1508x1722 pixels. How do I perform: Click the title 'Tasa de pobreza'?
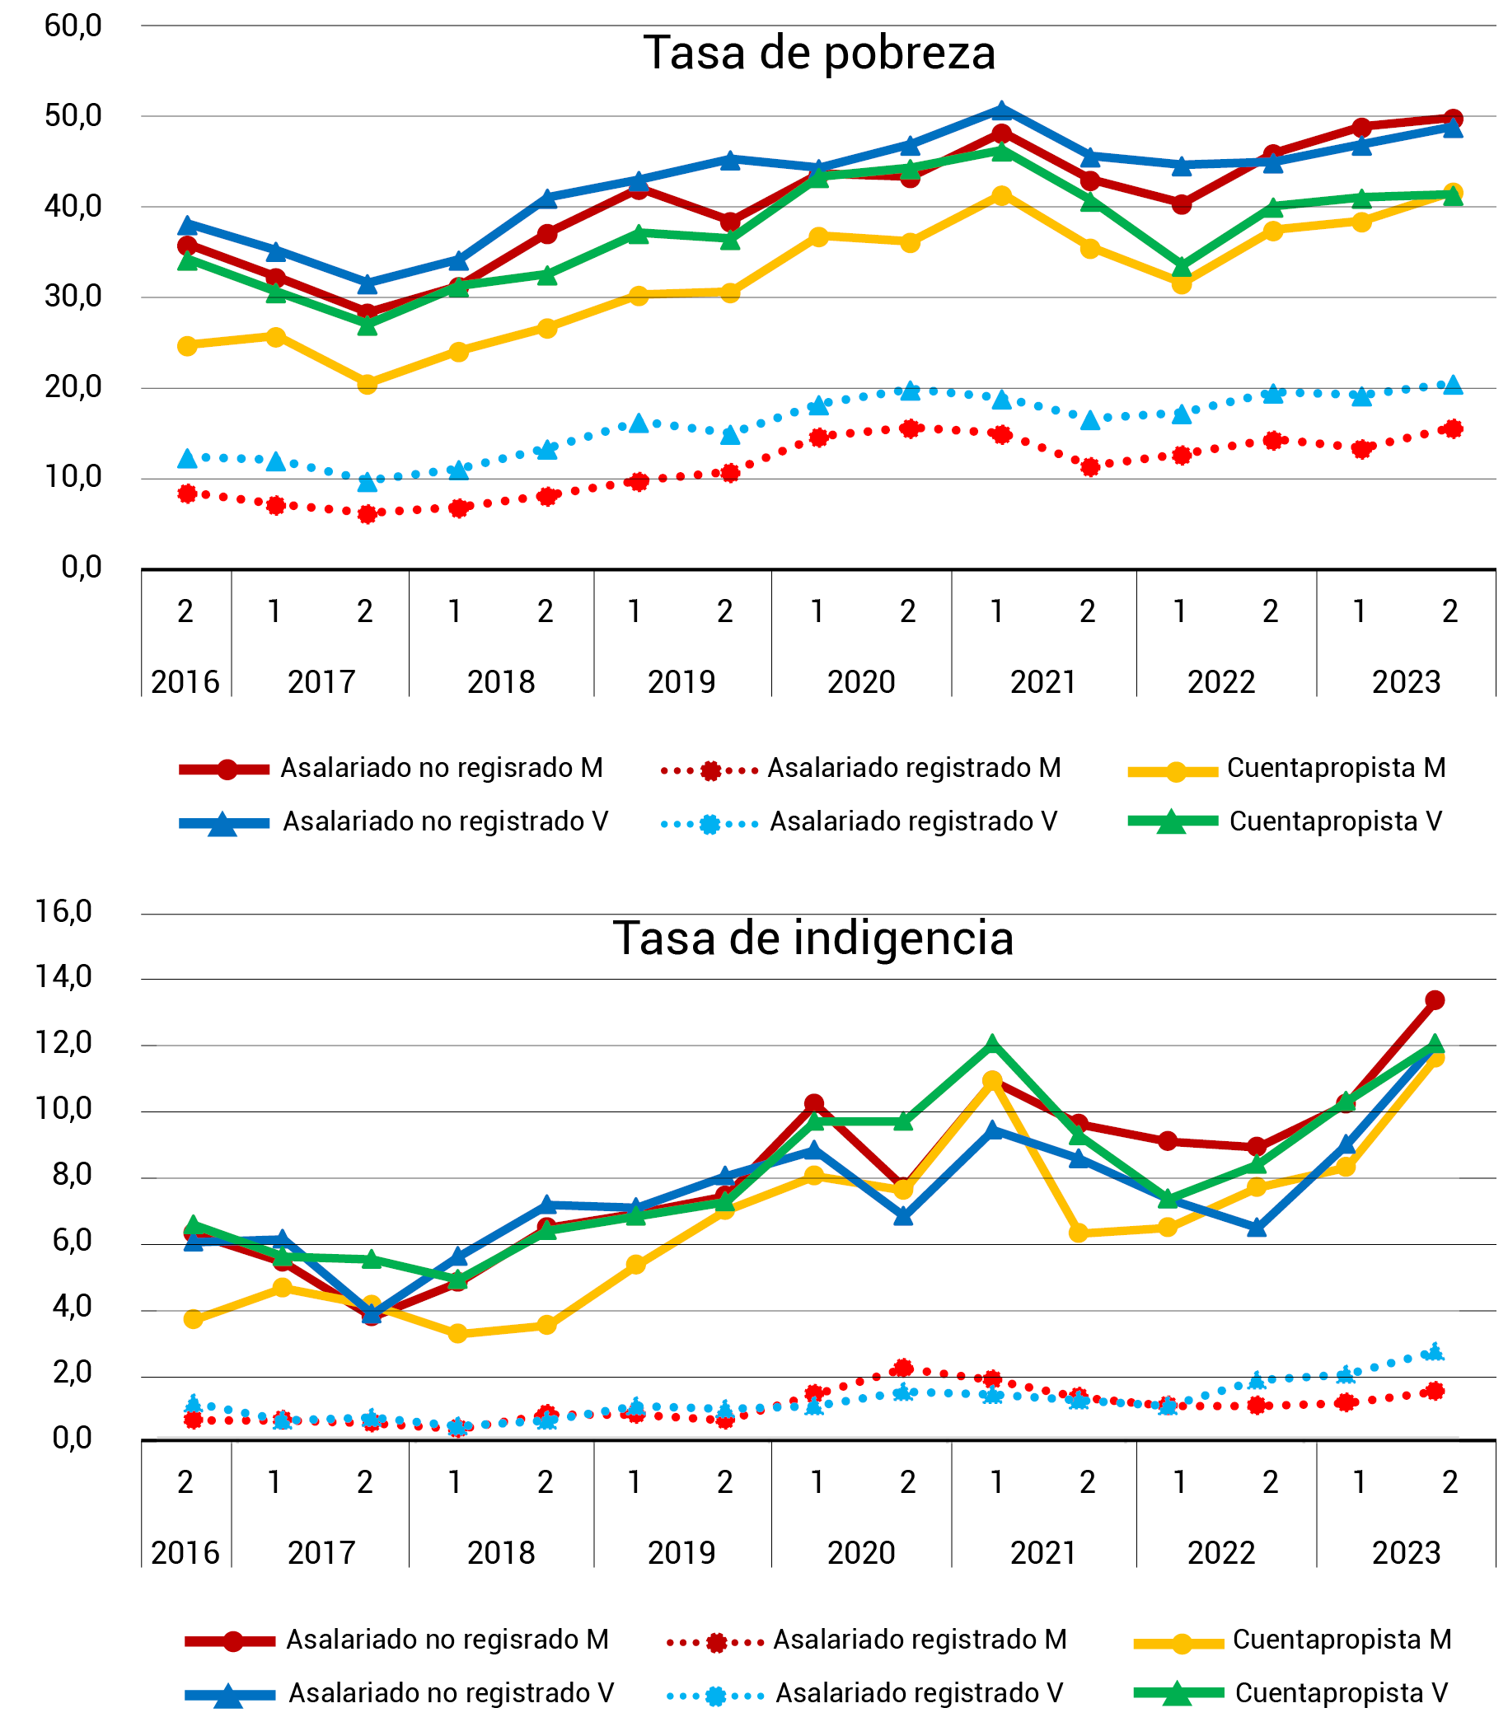point(819,53)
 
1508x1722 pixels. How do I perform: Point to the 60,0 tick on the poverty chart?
point(73,26)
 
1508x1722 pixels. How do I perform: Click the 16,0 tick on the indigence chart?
point(65,912)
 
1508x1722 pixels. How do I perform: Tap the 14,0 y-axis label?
point(65,976)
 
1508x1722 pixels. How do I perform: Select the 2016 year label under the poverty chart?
point(185,681)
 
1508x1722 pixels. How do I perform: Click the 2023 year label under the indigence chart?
point(1405,1552)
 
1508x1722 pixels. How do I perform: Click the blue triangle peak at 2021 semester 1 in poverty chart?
point(1000,110)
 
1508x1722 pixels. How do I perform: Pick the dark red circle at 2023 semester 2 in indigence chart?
point(1435,1000)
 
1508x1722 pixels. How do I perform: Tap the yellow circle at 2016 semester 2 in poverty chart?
point(188,346)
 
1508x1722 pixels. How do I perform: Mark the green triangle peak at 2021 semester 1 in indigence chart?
point(992,1045)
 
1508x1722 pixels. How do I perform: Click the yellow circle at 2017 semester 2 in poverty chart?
point(367,384)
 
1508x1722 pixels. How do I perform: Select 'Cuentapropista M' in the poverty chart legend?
point(1336,768)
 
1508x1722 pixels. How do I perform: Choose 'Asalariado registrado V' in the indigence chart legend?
point(919,1692)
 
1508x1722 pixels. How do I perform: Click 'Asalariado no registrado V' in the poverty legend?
point(445,821)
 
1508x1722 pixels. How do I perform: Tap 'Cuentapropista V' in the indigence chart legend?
point(1341,1692)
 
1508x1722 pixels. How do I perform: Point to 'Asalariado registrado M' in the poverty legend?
point(913,768)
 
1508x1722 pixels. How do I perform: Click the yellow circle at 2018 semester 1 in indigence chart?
point(458,1333)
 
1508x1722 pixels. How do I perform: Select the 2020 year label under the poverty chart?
point(860,681)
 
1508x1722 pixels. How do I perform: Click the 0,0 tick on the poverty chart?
point(81,568)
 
